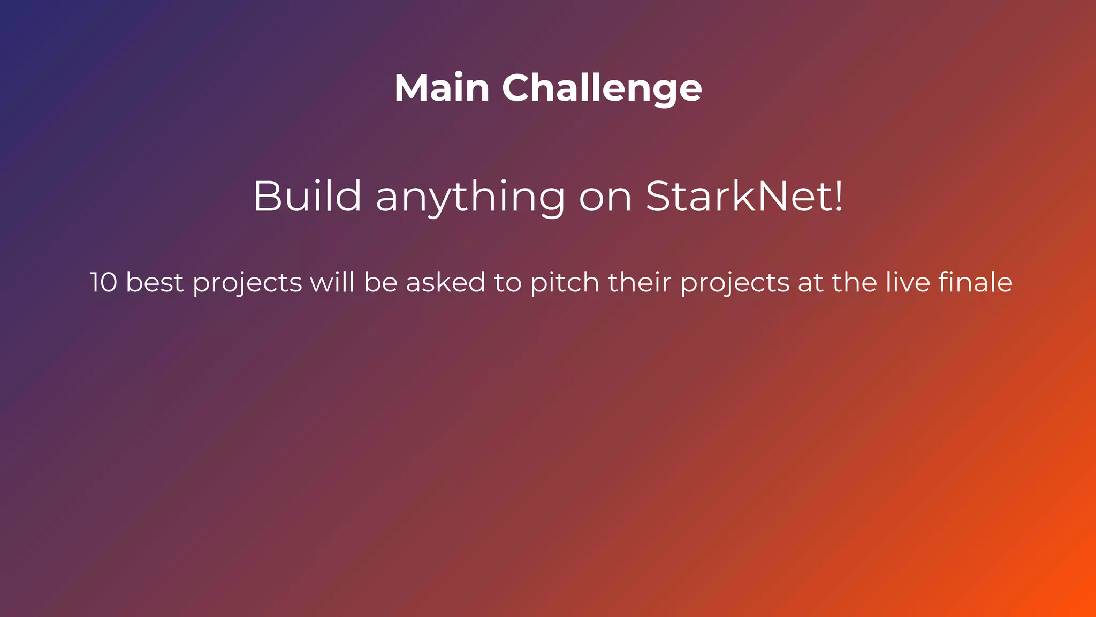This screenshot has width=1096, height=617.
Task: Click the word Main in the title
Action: click(x=442, y=88)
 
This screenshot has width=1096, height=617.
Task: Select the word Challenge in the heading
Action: click(x=602, y=88)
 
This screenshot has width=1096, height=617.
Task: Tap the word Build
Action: click(x=307, y=196)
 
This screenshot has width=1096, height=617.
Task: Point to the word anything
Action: click(x=470, y=197)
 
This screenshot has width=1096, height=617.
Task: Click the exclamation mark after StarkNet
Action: click(x=839, y=196)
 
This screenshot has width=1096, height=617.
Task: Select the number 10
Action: click(x=103, y=282)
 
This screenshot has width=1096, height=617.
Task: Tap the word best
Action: click(x=155, y=282)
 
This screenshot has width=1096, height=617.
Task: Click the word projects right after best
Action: click(x=247, y=283)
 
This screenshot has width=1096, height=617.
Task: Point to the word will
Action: click(x=333, y=282)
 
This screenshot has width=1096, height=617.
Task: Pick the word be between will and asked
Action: click(x=380, y=282)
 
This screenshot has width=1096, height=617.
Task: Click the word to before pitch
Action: click(x=508, y=282)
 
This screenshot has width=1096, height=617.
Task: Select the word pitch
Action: click(x=564, y=283)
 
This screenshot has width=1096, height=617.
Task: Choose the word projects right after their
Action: click(x=734, y=283)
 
